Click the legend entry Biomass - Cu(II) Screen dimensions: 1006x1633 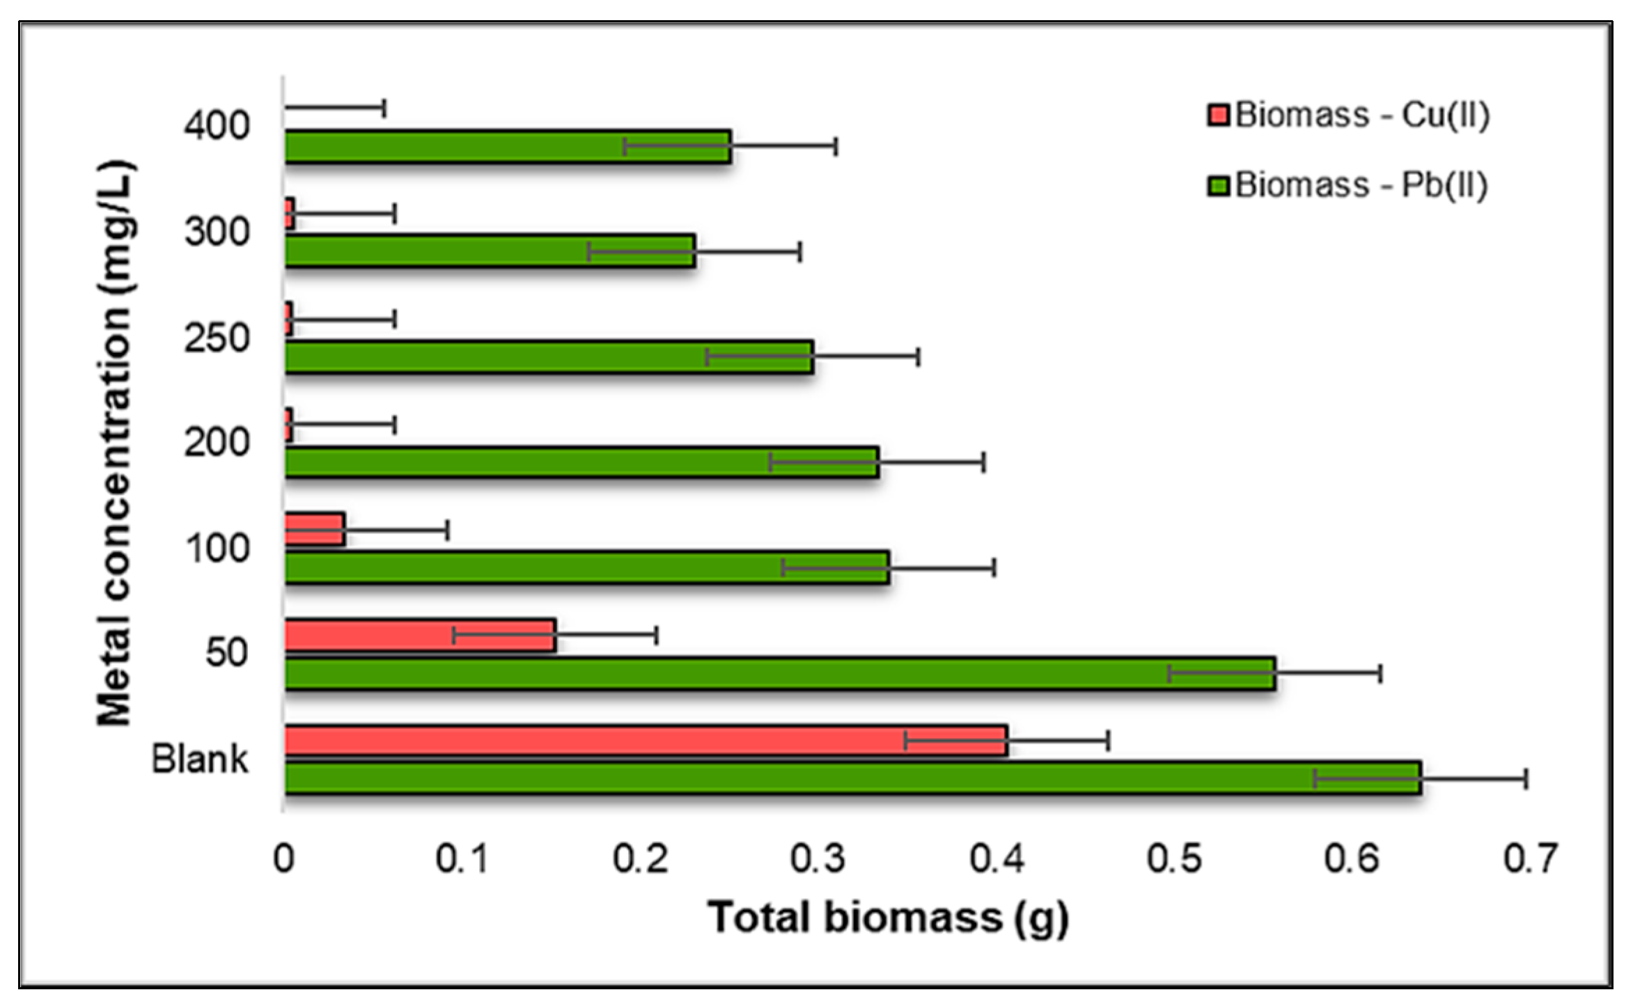pyautogui.click(x=1348, y=116)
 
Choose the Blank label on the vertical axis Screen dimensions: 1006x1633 pyautogui.click(x=200, y=760)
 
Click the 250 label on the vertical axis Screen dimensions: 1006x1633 pyautogui.click(x=217, y=339)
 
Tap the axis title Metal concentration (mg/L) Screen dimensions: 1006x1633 pyautogui.click(x=115, y=443)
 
